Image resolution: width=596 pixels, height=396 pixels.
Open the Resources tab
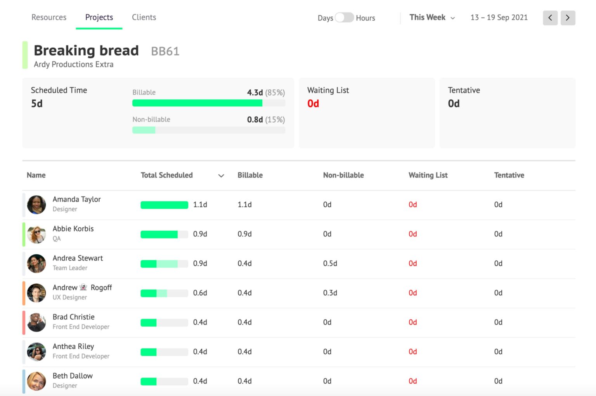point(49,17)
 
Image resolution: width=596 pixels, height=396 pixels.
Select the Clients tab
point(144,17)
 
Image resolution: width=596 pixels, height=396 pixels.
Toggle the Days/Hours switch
point(344,18)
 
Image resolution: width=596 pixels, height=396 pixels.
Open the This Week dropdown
point(432,17)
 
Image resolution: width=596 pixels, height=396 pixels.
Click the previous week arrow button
point(550,18)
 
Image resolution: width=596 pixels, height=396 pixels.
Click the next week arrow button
point(568,18)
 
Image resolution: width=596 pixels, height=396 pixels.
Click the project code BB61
point(165,51)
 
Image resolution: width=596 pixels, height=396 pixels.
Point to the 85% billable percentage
point(275,93)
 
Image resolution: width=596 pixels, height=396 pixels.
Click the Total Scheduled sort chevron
point(221,176)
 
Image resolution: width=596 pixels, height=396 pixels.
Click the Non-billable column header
point(343,175)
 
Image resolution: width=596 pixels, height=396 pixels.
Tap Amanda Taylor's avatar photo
point(36,205)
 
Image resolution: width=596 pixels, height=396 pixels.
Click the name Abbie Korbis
point(73,229)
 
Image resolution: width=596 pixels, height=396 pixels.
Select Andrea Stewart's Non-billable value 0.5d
point(330,263)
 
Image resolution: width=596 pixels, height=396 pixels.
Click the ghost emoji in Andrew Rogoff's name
point(83,287)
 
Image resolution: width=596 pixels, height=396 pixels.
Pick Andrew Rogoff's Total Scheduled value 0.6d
point(200,293)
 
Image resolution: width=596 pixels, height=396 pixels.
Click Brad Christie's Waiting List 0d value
point(412,322)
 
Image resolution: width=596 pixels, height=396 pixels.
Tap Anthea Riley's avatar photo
point(36,352)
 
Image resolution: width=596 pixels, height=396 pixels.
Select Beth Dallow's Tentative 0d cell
point(498,381)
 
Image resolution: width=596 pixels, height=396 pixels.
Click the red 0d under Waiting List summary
point(313,104)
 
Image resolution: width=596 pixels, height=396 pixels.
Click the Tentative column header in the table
point(509,175)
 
